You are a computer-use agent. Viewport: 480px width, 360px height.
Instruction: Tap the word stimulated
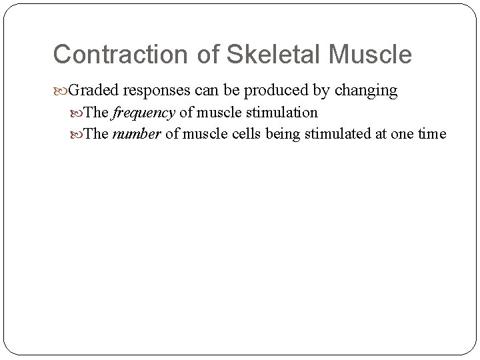337,134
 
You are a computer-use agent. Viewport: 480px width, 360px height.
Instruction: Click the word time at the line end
432,134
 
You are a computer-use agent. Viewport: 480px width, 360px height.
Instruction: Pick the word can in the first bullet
205,89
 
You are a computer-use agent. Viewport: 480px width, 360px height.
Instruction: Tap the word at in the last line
378,134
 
